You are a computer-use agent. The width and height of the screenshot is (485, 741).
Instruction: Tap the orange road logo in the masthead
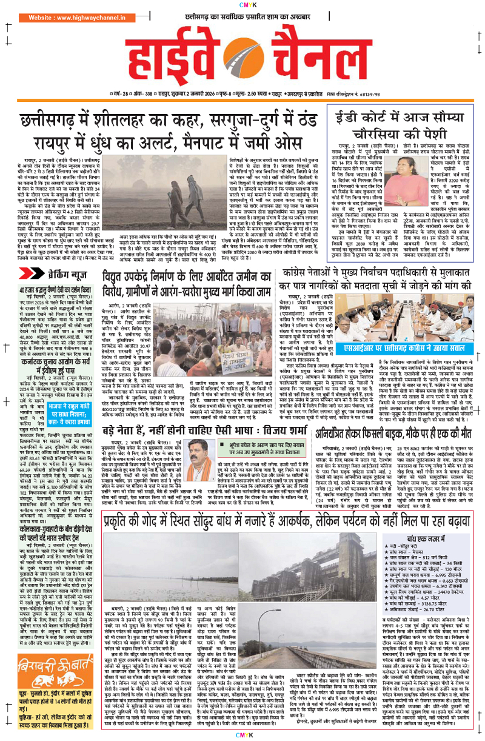(242, 61)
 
